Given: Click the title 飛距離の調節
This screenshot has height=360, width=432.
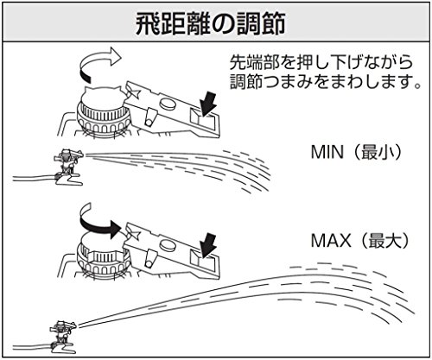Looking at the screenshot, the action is coord(211,24).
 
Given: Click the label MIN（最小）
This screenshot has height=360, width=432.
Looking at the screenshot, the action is coord(356,152).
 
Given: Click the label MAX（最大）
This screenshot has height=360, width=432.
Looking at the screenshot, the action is coord(359,240).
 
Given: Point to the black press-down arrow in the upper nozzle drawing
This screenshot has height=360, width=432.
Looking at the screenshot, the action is coord(209,104).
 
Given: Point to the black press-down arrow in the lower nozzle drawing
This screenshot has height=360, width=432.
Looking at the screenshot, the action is coord(208,245).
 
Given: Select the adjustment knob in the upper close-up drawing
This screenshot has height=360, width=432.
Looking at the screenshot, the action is coord(103,115).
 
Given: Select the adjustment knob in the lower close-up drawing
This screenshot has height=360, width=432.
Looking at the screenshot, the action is coord(103,257).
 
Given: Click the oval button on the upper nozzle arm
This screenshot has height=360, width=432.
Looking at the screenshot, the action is coord(168,104).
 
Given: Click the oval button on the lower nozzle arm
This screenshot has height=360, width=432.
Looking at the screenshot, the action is coord(168,245).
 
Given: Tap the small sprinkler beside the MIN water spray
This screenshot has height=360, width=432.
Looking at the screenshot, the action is coord(68,167).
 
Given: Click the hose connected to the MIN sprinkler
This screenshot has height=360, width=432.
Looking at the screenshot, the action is coord(33,179).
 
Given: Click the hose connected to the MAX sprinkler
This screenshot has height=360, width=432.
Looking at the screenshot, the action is coord(31,347).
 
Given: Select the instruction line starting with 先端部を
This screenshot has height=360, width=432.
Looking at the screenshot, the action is coord(321,63).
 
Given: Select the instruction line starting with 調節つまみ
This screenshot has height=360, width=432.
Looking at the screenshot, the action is coord(326,82).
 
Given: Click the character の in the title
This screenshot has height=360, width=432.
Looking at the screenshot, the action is coord(223,25).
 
